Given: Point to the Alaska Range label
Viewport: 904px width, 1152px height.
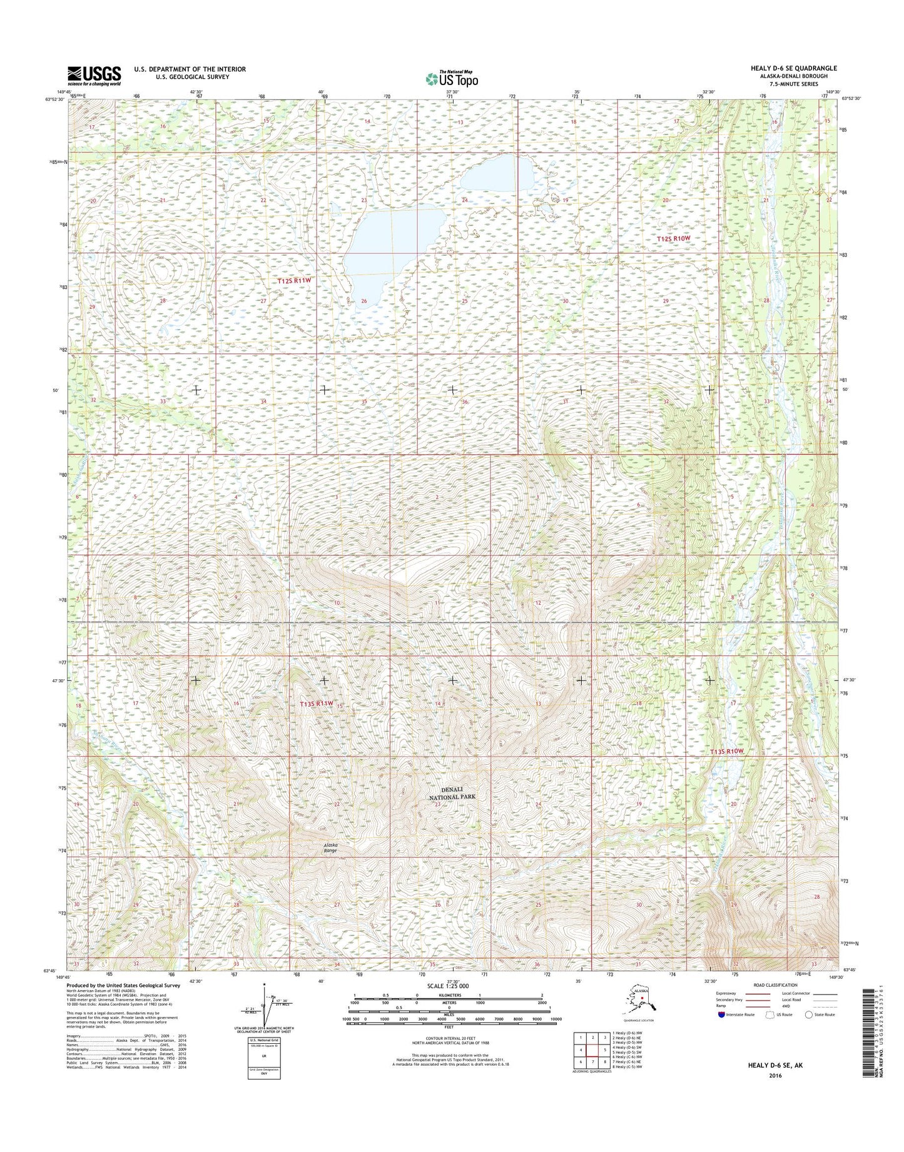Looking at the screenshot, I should point(330,848).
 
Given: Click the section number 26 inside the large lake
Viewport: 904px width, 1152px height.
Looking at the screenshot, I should point(364,301).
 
